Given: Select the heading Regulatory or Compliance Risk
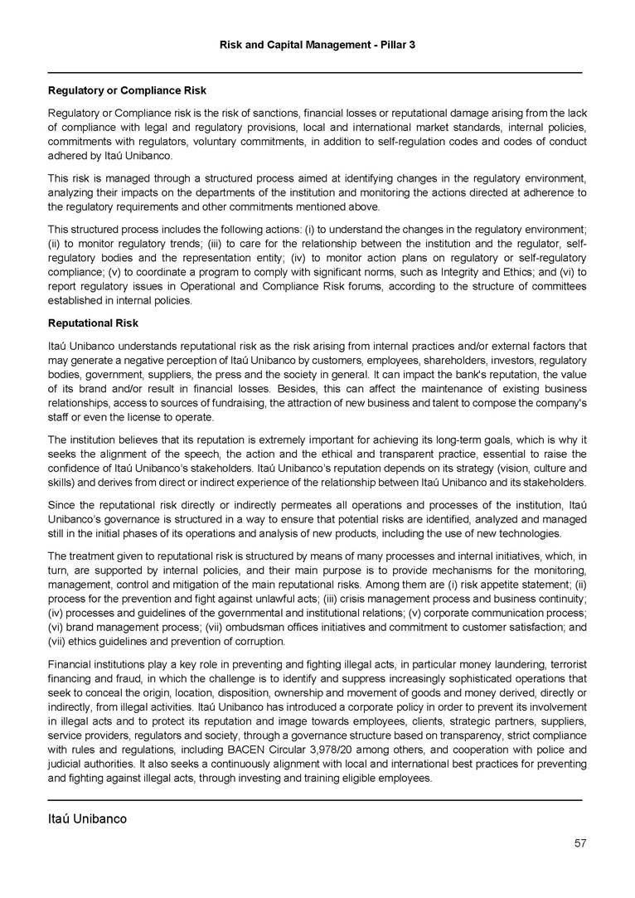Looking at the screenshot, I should point(127,90).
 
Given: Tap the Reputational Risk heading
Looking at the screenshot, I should point(93,323).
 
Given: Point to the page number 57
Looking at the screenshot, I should point(580,844).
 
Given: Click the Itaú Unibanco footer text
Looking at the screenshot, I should point(87,819).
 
